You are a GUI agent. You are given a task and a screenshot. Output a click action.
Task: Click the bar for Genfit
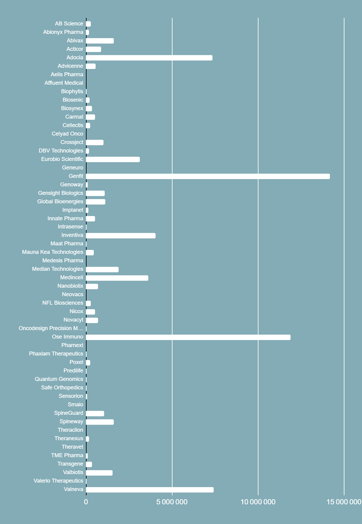(x=208, y=176)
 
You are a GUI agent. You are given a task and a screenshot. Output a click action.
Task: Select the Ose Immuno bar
(x=188, y=337)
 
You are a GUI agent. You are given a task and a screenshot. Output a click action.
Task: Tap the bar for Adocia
(x=149, y=58)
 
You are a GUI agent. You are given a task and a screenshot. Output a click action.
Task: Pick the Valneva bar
(x=150, y=490)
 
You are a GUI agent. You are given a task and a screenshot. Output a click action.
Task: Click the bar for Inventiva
(x=121, y=236)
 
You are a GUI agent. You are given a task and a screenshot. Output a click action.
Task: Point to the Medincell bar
(x=117, y=278)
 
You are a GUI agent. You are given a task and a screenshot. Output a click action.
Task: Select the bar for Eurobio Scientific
(x=113, y=159)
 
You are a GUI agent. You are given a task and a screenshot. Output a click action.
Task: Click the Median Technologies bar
(x=102, y=269)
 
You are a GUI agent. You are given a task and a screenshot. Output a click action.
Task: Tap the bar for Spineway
(x=100, y=422)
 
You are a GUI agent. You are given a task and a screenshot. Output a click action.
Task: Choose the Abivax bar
(x=100, y=41)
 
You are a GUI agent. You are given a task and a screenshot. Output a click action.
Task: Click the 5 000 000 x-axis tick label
(x=172, y=502)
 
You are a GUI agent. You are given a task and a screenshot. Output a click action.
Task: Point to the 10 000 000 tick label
(x=258, y=502)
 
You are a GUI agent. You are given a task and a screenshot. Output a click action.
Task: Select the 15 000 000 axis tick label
(x=343, y=502)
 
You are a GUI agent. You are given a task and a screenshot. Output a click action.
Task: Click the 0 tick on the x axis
(x=86, y=502)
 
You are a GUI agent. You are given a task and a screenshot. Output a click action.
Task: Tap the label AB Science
(x=69, y=24)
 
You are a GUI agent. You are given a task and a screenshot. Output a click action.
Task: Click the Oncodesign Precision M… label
(x=51, y=328)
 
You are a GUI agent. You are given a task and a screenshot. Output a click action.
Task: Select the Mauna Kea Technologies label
(x=53, y=252)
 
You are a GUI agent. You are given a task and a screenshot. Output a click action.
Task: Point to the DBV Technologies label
(x=61, y=150)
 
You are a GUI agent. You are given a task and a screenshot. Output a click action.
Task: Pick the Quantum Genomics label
(x=59, y=379)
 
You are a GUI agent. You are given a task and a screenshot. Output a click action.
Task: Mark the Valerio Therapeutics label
(x=58, y=481)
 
